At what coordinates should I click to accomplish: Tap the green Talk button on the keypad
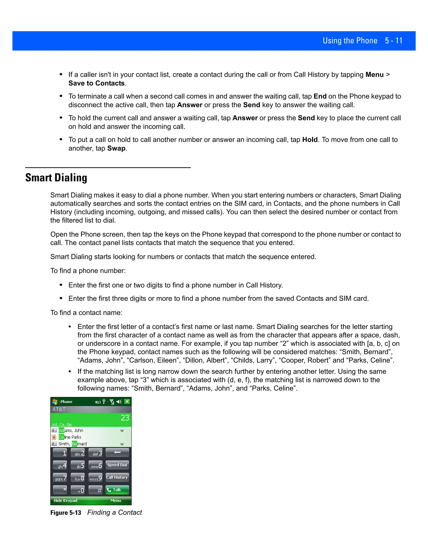tap(117, 490)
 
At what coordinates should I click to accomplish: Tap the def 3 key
tap(96, 453)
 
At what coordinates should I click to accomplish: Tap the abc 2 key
tap(78, 453)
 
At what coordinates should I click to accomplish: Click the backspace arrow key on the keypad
tap(117, 453)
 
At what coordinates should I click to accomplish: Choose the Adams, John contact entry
tap(71, 430)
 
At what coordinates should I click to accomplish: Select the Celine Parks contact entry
tap(70, 437)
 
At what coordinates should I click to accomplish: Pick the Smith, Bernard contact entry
tap(73, 444)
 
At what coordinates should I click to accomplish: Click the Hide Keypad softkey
tap(65, 500)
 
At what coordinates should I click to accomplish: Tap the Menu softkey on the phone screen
tap(116, 500)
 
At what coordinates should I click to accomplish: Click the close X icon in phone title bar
tap(127, 402)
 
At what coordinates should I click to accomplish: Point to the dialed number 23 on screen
tap(125, 418)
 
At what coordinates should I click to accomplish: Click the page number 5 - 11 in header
tap(394, 41)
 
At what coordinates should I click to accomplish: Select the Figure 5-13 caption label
tap(66, 513)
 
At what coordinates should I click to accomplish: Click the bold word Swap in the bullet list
tap(116, 148)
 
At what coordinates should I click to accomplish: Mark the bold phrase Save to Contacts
tap(97, 83)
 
